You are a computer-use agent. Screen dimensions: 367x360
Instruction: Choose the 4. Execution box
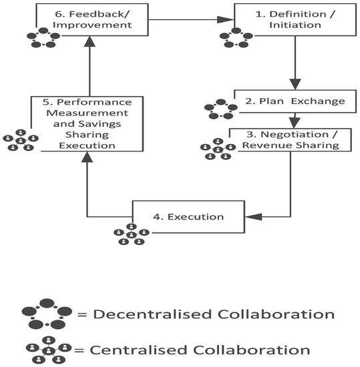click(x=190, y=216)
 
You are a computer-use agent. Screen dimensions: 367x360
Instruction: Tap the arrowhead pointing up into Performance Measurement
click(x=86, y=157)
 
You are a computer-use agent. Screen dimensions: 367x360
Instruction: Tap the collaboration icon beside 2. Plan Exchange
click(x=222, y=109)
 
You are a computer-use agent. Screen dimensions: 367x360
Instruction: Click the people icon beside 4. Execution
click(x=131, y=234)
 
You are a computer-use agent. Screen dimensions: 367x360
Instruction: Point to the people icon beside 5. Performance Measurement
click(x=20, y=139)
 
